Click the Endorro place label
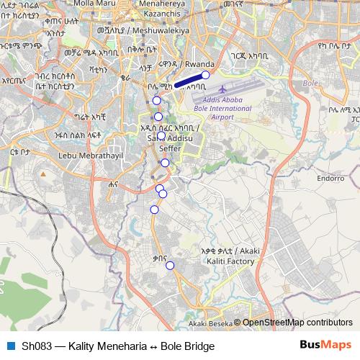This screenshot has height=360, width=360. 331,177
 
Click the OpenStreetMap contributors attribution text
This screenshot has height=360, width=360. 297,323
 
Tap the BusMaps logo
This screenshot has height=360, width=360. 325,346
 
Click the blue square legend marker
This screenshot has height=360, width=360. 11,346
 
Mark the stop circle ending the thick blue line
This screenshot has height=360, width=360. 205,75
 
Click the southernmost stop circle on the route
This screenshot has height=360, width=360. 171,266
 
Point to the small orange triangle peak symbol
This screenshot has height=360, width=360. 43,174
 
